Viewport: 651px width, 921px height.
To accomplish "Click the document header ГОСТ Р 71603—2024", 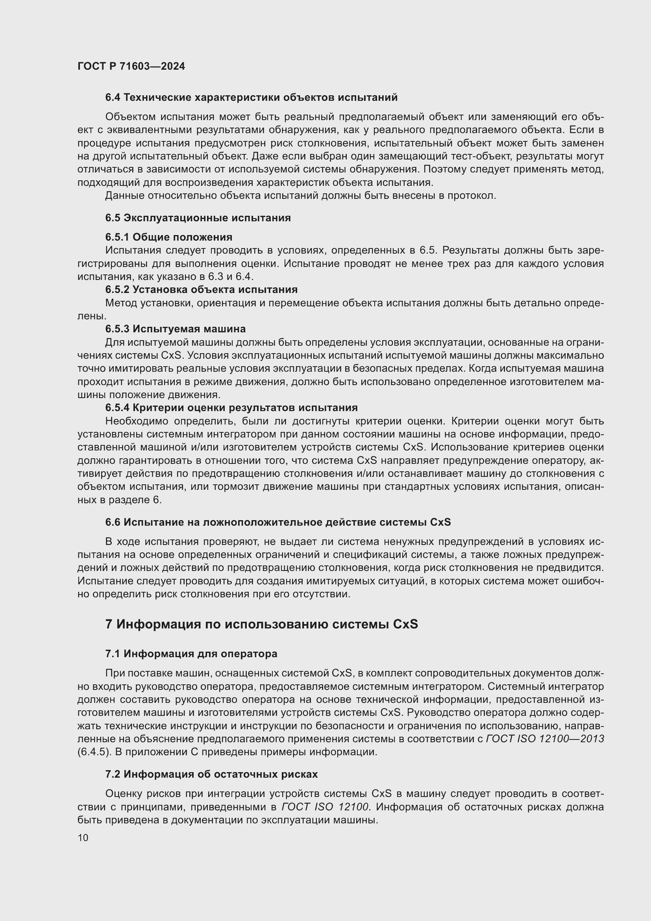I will coord(131,66).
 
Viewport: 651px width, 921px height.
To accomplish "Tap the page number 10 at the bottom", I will coord(83,838).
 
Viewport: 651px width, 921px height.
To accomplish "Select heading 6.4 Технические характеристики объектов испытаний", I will coord(252,98).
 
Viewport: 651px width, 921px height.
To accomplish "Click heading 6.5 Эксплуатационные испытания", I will coord(198,218).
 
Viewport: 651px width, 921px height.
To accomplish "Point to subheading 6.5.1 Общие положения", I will coord(168,237).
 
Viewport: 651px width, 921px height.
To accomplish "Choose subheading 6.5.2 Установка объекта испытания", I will coord(201,289).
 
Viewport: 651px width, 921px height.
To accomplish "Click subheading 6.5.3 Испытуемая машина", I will coord(175,328).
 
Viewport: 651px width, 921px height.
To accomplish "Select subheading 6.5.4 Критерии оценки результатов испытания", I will coord(231,408).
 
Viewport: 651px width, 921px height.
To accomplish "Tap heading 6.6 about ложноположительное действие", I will coord(278,522).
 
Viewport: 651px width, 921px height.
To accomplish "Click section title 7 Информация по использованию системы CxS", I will coord(261,624).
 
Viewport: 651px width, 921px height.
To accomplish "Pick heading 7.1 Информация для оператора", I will coord(191,654).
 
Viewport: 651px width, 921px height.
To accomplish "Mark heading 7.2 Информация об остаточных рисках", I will coord(211,774).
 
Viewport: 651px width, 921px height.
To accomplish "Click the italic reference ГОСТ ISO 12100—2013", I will coord(545,739).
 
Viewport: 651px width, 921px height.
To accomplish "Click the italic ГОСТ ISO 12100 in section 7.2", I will coord(325,807).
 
